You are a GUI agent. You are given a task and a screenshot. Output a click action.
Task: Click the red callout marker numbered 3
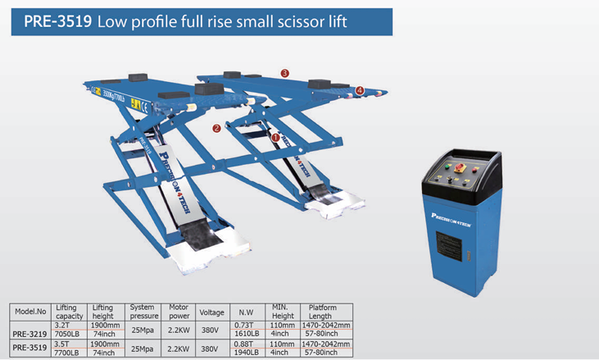[284, 73]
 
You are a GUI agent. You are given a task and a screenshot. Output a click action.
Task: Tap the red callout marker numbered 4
[360, 90]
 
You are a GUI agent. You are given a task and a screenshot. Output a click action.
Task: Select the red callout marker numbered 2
[216, 128]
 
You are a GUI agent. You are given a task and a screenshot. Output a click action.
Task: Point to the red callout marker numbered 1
[275, 138]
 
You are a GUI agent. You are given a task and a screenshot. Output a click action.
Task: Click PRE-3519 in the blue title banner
[58, 22]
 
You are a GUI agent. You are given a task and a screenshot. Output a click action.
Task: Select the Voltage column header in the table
[212, 312]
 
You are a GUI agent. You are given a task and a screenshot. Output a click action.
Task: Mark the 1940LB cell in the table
[246, 353]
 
